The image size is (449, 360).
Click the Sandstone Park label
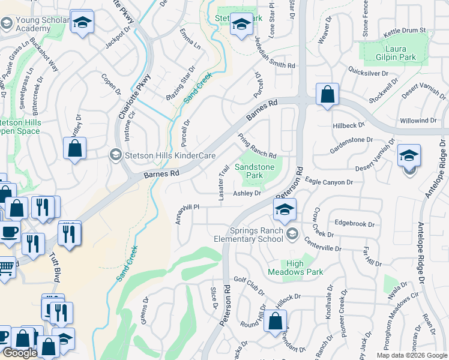[x=257, y=170]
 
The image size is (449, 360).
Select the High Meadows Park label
[x=304, y=268]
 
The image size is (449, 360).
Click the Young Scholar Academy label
[x=34, y=24]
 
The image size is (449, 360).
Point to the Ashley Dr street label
[x=247, y=193]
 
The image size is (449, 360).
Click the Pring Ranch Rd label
[x=256, y=147]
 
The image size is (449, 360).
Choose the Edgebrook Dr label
[x=354, y=223]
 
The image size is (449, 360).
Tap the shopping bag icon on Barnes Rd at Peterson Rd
[x=327, y=95]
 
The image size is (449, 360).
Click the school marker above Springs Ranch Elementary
[x=285, y=209]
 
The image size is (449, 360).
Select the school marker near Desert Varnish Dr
[x=409, y=157]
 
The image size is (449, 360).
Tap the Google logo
[x=20, y=353]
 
